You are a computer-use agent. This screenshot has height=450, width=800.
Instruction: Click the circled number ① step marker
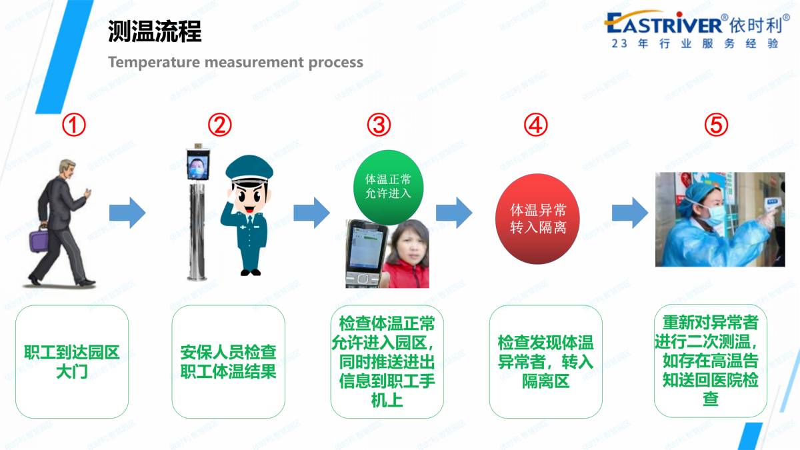74,125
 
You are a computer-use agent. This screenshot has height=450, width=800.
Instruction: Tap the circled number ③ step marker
379,125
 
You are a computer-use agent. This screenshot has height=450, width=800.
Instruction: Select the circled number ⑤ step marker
716,125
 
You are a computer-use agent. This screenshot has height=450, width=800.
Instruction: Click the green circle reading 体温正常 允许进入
388,187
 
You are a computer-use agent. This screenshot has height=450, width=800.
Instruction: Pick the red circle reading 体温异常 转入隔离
537,219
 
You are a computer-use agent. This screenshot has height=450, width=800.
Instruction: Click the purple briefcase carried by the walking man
39,239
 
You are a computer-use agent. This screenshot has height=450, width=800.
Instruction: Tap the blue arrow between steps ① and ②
127,213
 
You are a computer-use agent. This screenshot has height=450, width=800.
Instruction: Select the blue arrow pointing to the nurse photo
630,213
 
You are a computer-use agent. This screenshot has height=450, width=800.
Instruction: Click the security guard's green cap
249,169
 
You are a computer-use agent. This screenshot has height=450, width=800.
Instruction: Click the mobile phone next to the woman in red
366,253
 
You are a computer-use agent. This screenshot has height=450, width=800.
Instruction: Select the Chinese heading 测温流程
155,31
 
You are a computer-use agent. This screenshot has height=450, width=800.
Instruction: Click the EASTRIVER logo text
664,23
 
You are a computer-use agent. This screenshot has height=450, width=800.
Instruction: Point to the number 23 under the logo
619,43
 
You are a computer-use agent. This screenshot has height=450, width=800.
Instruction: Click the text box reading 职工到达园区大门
72,361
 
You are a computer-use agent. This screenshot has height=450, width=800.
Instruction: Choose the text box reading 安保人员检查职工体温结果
228,361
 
